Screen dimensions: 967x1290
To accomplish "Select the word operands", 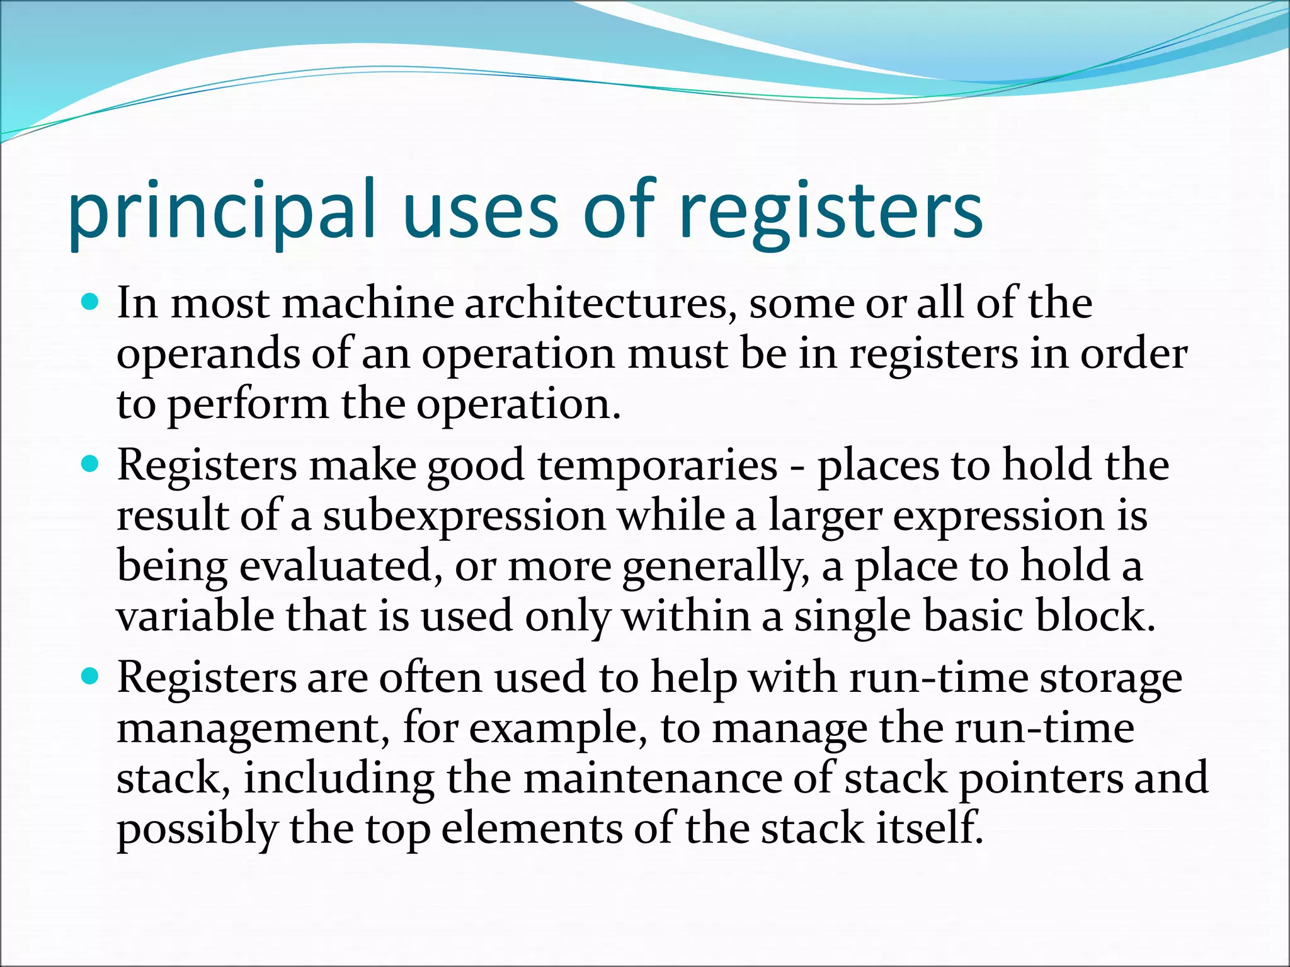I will pyautogui.click(x=208, y=354).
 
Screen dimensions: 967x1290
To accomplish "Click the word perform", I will pyautogui.click(x=248, y=404).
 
